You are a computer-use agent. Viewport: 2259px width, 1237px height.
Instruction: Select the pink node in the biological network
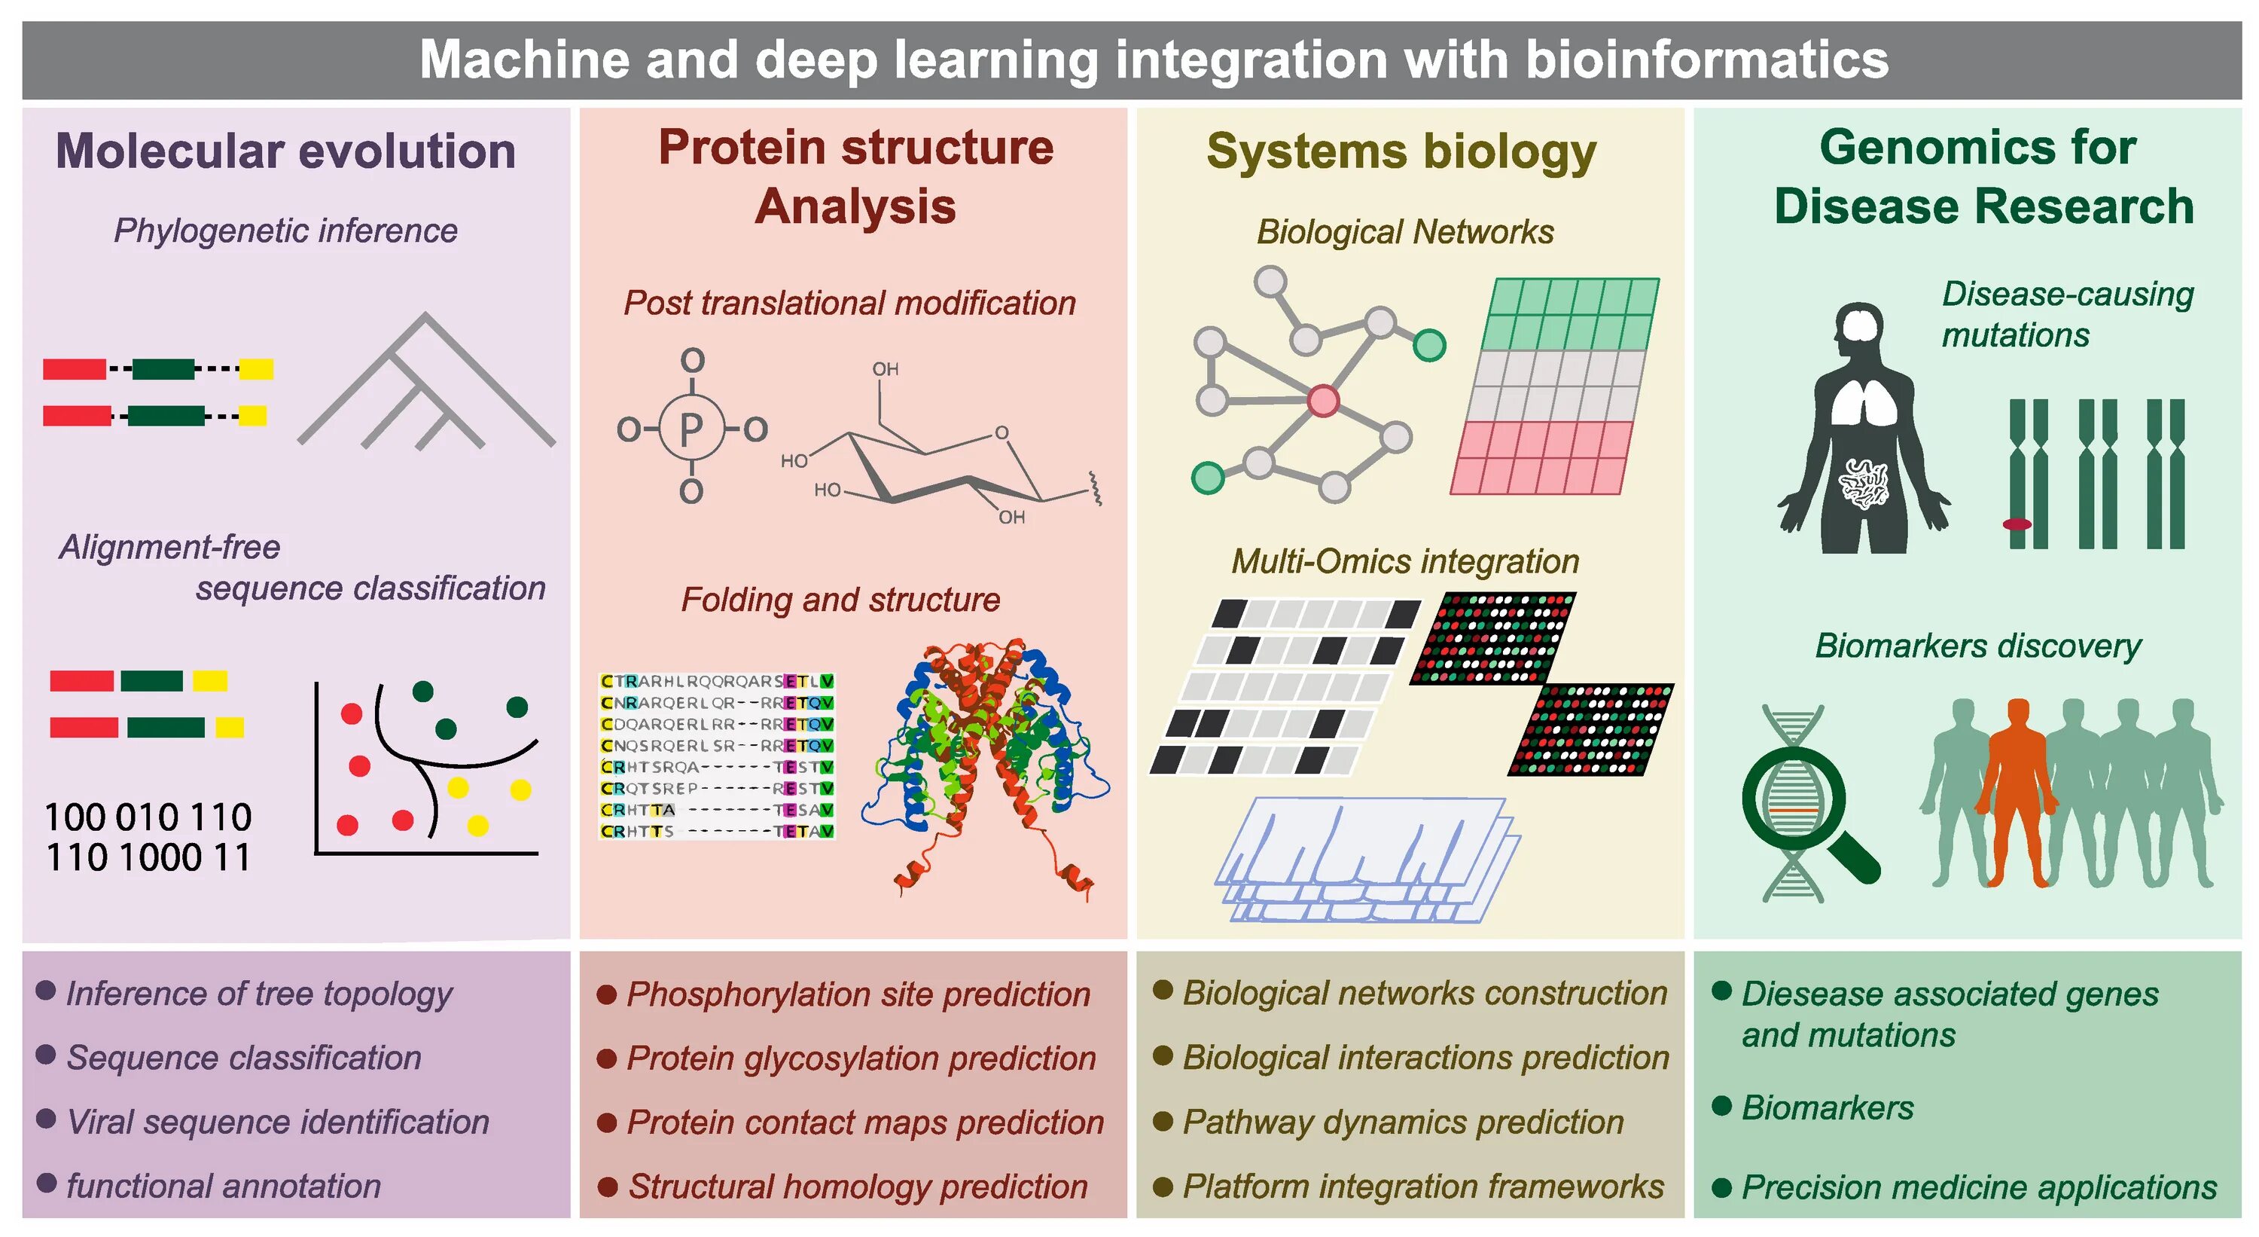coord(1323,400)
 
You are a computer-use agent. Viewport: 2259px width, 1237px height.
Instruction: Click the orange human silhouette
coord(2018,790)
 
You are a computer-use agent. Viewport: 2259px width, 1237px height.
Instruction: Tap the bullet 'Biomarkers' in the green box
coord(1828,1108)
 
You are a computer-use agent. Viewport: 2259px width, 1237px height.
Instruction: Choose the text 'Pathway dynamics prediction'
coord(1403,1122)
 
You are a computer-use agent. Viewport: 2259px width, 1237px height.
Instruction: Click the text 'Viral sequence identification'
coord(278,1122)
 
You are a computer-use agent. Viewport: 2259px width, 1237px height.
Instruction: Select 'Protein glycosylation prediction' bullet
coord(861,1058)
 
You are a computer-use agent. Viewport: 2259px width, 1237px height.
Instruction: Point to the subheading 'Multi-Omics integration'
coord(1405,561)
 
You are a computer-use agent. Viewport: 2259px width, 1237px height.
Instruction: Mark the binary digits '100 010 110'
coord(148,817)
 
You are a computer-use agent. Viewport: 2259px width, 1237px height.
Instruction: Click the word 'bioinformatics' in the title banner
coord(1706,60)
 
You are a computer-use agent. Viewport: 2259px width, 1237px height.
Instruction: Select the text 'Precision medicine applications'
coord(1978,1187)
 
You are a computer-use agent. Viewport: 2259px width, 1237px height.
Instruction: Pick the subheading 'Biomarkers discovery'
coord(1977,646)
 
